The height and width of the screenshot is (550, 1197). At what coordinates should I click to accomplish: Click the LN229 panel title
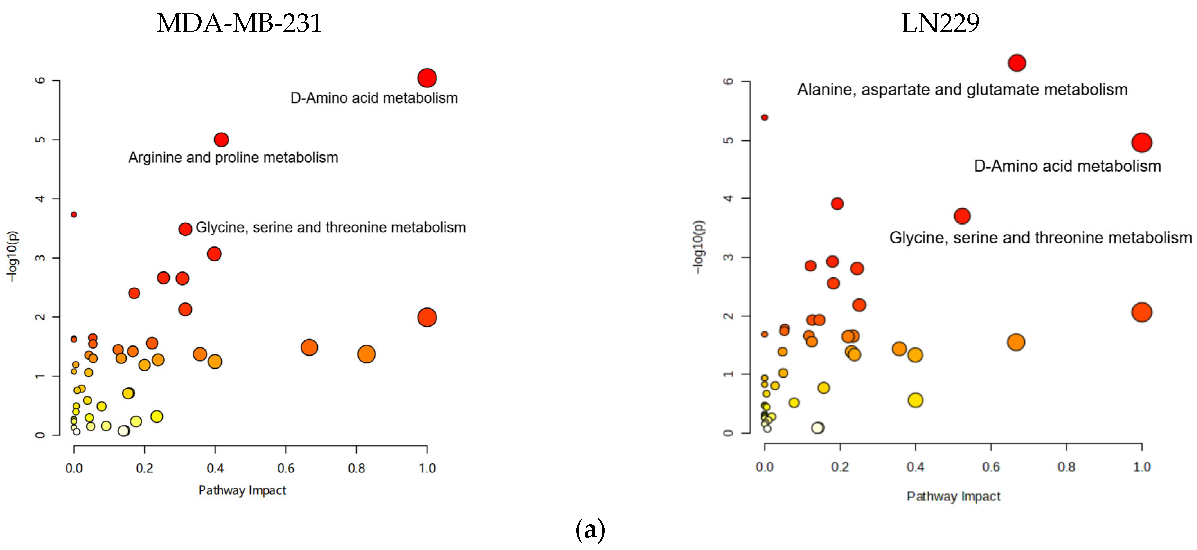pyautogui.click(x=940, y=23)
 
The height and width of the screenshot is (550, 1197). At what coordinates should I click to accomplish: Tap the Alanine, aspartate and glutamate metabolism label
pyautogui.click(x=962, y=89)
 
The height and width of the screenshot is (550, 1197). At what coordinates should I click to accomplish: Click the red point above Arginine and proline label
pyautogui.click(x=221, y=140)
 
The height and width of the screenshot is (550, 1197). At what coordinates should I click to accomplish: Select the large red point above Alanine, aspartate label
pyautogui.click(x=1017, y=63)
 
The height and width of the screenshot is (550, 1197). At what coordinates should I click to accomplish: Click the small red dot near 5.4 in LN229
pyautogui.click(x=764, y=118)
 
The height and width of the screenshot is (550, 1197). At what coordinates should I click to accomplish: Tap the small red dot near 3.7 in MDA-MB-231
pyautogui.click(x=74, y=214)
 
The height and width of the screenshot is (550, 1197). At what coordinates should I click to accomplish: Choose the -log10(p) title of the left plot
pyautogui.click(x=13, y=256)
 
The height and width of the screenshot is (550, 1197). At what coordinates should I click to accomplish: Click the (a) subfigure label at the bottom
pyautogui.click(x=590, y=529)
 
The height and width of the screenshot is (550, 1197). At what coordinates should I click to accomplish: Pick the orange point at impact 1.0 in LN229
pyautogui.click(x=1142, y=312)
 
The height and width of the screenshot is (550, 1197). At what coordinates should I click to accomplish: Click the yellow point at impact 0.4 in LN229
pyautogui.click(x=915, y=400)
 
